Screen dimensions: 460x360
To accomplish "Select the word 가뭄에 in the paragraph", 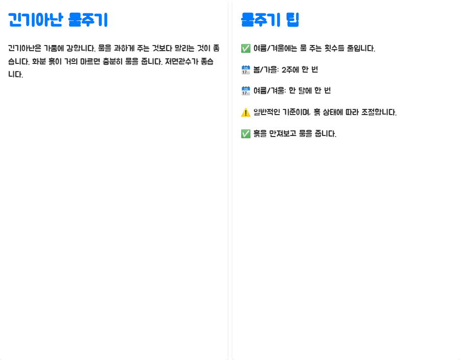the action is click(67, 49).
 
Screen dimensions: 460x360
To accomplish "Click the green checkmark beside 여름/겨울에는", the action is click(245, 49).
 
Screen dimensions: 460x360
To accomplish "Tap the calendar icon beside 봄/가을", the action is click(245, 70).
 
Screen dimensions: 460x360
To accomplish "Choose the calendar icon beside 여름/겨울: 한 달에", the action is click(245, 91).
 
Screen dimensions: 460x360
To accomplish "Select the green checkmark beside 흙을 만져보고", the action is click(245, 134).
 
